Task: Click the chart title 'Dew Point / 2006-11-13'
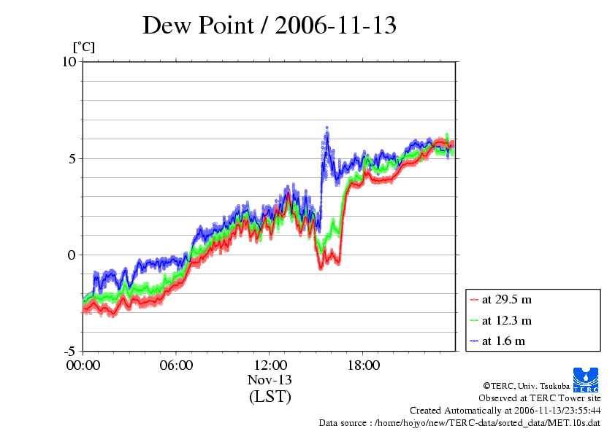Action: click(270, 26)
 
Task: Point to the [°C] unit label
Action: click(83, 47)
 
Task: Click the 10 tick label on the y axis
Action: click(69, 62)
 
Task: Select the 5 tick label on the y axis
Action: click(72, 158)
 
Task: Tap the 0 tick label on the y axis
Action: click(72, 255)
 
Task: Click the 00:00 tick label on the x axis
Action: click(83, 365)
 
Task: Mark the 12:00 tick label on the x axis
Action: click(270, 365)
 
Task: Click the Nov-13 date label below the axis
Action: click(270, 380)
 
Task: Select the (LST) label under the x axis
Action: click(270, 397)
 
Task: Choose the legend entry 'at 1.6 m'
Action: click(503, 341)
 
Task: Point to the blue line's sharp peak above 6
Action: click(326, 128)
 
